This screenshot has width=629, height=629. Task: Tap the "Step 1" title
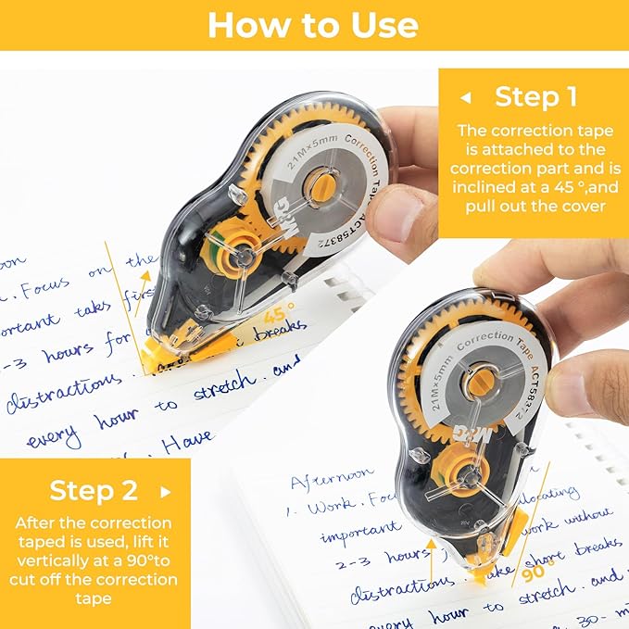tap(536, 96)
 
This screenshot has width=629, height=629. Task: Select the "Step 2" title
tap(94, 490)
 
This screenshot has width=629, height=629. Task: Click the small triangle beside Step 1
tap(466, 97)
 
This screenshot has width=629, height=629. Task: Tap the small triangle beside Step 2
tap(166, 491)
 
